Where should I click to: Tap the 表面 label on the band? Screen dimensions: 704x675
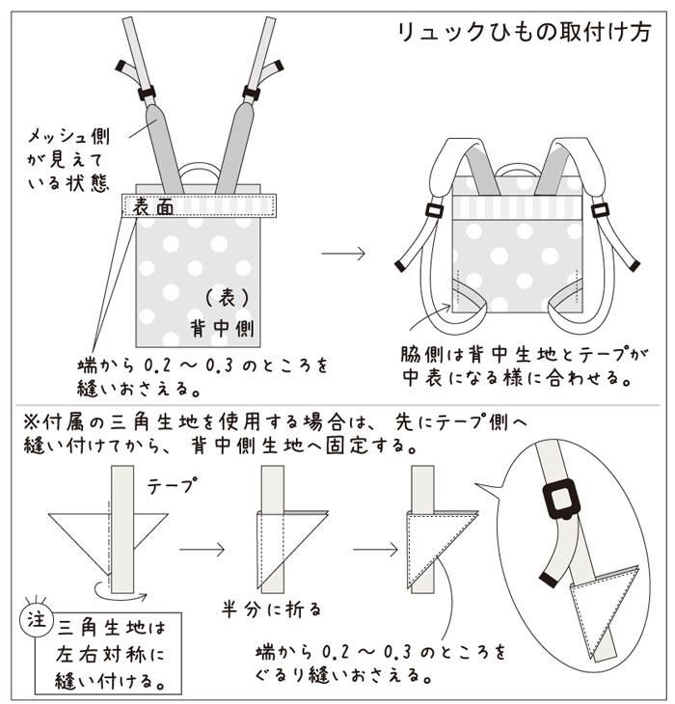(152, 204)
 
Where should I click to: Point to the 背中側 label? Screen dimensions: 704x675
(222, 328)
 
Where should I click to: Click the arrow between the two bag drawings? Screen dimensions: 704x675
(343, 254)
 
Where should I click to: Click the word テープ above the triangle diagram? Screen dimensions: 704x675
(171, 487)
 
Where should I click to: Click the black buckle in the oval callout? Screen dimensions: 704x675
(561, 499)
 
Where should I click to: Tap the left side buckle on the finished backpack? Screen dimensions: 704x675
(431, 211)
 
